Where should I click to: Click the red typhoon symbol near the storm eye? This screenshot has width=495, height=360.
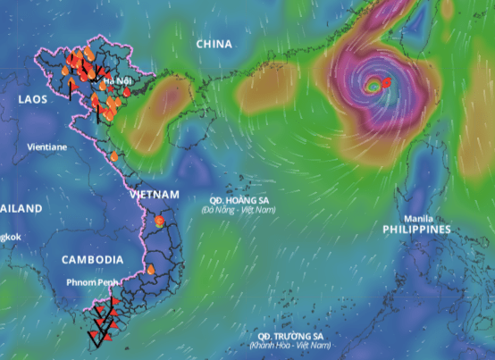point(386,83)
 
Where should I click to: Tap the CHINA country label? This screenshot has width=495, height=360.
point(214,44)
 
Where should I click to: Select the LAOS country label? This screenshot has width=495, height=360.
point(33,99)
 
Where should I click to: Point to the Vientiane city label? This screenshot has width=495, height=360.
point(47,147)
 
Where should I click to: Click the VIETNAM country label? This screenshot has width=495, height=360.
point(154,195)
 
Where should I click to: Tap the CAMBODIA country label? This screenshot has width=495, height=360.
point(92,260)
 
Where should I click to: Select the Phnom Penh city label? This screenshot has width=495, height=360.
point(91,282)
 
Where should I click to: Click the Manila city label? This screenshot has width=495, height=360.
point(418,219)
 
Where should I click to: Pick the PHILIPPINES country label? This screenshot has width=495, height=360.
point(416,230)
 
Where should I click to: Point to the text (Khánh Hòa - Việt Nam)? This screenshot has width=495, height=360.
point(287,346)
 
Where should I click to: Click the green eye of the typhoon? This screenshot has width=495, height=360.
point(373,87)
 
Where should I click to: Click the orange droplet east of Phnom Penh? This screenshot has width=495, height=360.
point(150,268)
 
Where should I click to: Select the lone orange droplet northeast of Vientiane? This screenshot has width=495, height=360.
point(114,157)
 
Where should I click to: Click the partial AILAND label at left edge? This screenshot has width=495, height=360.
point(21,208)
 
